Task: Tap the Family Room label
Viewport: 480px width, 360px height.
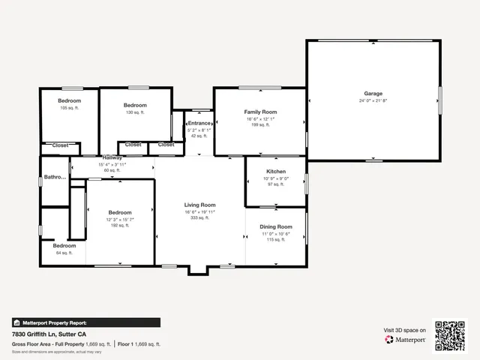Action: coord(260,112)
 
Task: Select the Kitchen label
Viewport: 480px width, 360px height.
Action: coord(276,172)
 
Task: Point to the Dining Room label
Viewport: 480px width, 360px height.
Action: coord(276,226)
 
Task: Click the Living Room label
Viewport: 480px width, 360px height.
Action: coord(200,205)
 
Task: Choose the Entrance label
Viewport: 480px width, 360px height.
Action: coord(199,123)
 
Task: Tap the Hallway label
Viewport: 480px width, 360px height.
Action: coord(112,157)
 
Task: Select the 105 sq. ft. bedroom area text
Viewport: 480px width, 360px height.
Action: coord(69,109)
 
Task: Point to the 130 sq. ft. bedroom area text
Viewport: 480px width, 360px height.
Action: coord(135,112)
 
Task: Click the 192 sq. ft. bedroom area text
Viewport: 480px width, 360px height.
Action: coord(120,225)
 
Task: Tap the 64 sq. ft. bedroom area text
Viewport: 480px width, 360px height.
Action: coord(64,253)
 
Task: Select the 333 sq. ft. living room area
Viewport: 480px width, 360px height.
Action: coord(200,217)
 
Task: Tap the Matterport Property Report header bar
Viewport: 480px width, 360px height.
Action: coord(85,322)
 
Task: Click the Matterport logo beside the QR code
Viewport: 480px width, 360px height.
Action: coord(406,340)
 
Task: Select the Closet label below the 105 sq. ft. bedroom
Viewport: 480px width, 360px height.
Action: coord(60,145)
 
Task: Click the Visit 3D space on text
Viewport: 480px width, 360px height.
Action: coord(405,330)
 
